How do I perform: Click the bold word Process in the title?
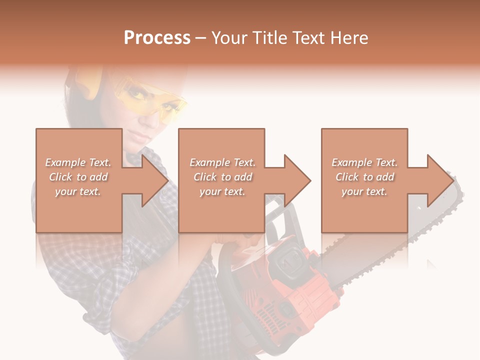pyautogui.click(x=157, y=38)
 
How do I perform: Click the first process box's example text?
pyautogui.click(x=78, y=177)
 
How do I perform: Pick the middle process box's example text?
pyautogui.click(x=222, y=177)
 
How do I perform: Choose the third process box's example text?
pyautogui.click(x=364, y=177)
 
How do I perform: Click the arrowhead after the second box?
pyautogui.click(x=297, y=180)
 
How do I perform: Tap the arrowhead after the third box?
pyautogui.click(x=439, y=180)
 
